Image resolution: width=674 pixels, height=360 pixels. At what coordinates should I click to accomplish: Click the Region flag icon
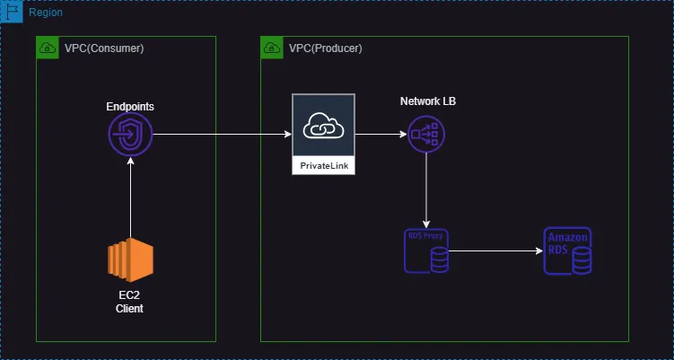13,13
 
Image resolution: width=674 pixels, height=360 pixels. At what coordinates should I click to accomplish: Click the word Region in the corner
46,13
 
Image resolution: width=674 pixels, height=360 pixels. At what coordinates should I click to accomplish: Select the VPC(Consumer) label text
104,48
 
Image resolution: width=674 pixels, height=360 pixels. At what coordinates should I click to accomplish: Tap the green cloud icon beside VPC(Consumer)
48,48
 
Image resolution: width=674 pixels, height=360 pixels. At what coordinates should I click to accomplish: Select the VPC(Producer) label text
326,48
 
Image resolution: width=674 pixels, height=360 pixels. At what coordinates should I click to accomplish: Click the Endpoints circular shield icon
130,136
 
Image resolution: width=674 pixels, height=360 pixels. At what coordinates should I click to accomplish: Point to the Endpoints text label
130,106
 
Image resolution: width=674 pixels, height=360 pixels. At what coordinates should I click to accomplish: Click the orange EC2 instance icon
130,261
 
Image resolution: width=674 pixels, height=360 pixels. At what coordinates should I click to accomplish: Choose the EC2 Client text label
130,302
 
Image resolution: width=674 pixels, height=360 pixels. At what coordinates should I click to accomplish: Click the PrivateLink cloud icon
323,127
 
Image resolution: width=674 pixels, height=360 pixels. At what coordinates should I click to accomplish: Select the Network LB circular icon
425,136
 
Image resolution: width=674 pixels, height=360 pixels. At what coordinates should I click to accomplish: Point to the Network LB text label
428,101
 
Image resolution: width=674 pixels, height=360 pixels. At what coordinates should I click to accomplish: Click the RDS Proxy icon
426,251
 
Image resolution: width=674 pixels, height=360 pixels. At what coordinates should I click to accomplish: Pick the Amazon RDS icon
568,250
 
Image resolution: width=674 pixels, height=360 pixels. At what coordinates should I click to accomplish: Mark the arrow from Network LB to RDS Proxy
425,192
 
